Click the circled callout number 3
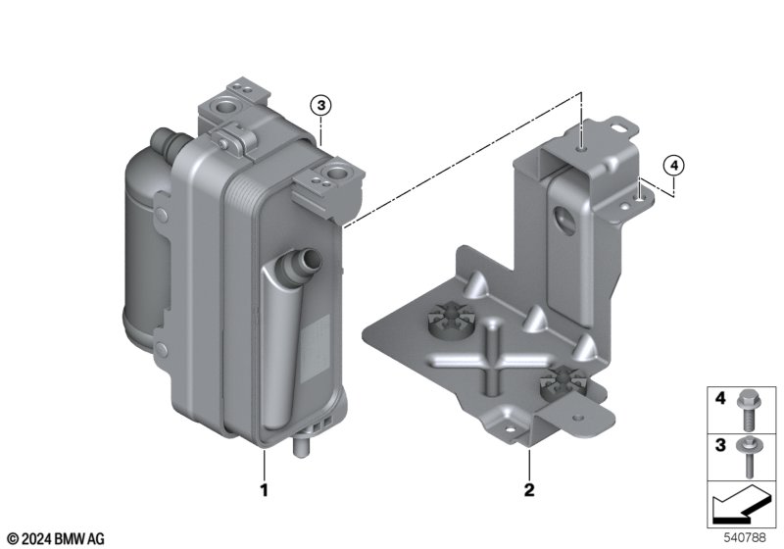(x=320, y=106)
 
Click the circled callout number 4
(x=673, y=165)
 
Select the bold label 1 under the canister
(x=264, y=490)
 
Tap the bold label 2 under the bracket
(x=529, y=490)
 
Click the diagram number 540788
(x=745, y=537)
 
